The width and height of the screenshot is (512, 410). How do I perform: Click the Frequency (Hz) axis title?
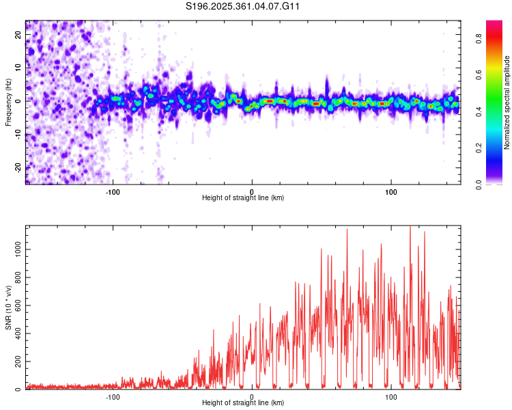tap(8, 102)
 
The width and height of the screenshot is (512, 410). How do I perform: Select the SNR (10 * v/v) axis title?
tap(8, 307)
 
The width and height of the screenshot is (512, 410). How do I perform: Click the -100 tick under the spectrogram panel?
tap(113, 191)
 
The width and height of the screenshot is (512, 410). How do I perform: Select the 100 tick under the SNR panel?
tap(391, 396)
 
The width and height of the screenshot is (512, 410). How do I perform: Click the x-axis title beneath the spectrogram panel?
tap(243, 197)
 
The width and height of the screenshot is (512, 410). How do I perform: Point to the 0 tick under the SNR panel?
tap(252, 396)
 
